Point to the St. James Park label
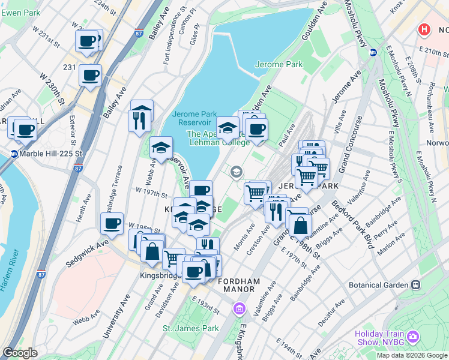coord(191,328)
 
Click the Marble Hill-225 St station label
coord(47,154)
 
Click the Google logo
coord(20,353)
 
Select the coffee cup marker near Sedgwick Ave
coord(112,224)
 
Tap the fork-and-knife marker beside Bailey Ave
coord(137,120)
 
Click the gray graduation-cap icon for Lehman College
coord(236,173)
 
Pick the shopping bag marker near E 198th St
coord(301,226)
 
